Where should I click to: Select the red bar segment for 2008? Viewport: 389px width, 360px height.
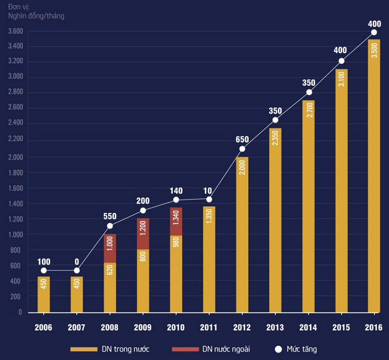pyautogui.click(x=109, y=248)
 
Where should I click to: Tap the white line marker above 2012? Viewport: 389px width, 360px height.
pyautogui.click(x=242, y=149)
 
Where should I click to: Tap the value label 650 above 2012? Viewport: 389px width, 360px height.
pyautogui.click(x=242, y=138)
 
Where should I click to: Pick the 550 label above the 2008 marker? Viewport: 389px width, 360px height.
pyautogui.click(x=109, y=216)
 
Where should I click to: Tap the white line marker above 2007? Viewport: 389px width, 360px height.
pyautogui.click(x=77, y=270)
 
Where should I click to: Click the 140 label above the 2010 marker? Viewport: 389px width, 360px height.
pyautogui.click(x=176, y=190)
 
